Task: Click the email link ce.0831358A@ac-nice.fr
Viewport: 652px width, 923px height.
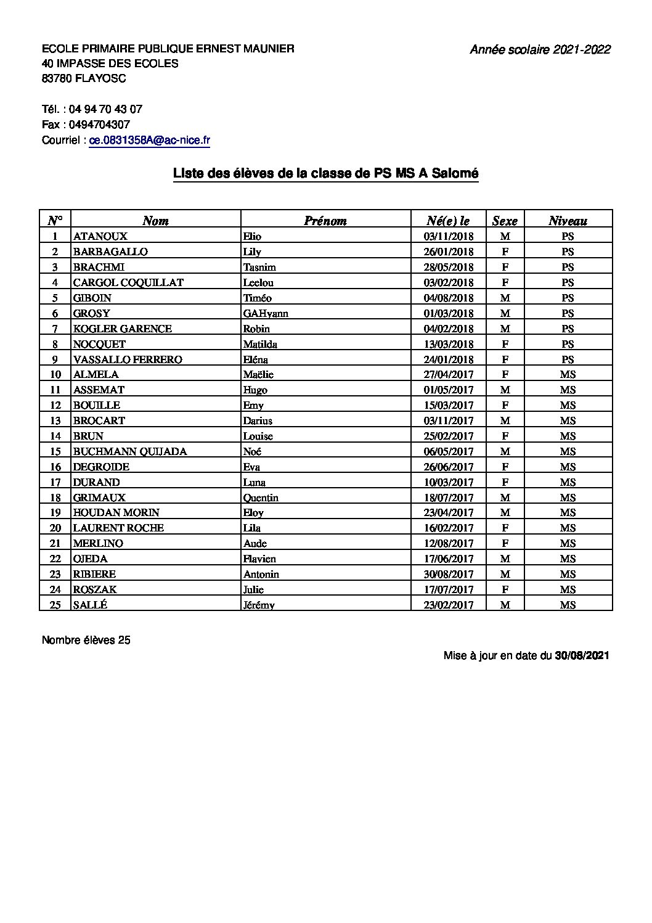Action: point(150,140)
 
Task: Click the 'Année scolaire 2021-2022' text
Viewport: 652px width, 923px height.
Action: point(540,50)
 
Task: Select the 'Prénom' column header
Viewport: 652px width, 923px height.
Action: point(325,221)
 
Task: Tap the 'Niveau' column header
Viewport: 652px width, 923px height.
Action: point(568,221)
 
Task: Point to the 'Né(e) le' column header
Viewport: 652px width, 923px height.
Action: point(448,221)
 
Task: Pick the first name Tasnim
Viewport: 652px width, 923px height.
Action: point(259,267)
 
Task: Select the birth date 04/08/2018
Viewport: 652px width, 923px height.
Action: point(448,298)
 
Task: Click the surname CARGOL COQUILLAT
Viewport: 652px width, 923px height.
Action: point(128,282)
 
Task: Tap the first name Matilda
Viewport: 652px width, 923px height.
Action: point(260,344)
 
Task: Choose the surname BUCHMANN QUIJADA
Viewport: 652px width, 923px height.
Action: point(130,451)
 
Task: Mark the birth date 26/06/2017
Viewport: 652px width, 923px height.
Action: point(448,467)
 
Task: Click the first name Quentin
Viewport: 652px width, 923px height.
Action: point(261,498)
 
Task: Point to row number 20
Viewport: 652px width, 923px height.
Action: point(55,528)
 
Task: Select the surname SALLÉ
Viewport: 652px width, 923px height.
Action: point(90,605)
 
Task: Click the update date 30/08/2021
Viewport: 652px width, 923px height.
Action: point(582,656)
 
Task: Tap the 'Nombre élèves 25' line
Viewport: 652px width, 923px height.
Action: point(86,640)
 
